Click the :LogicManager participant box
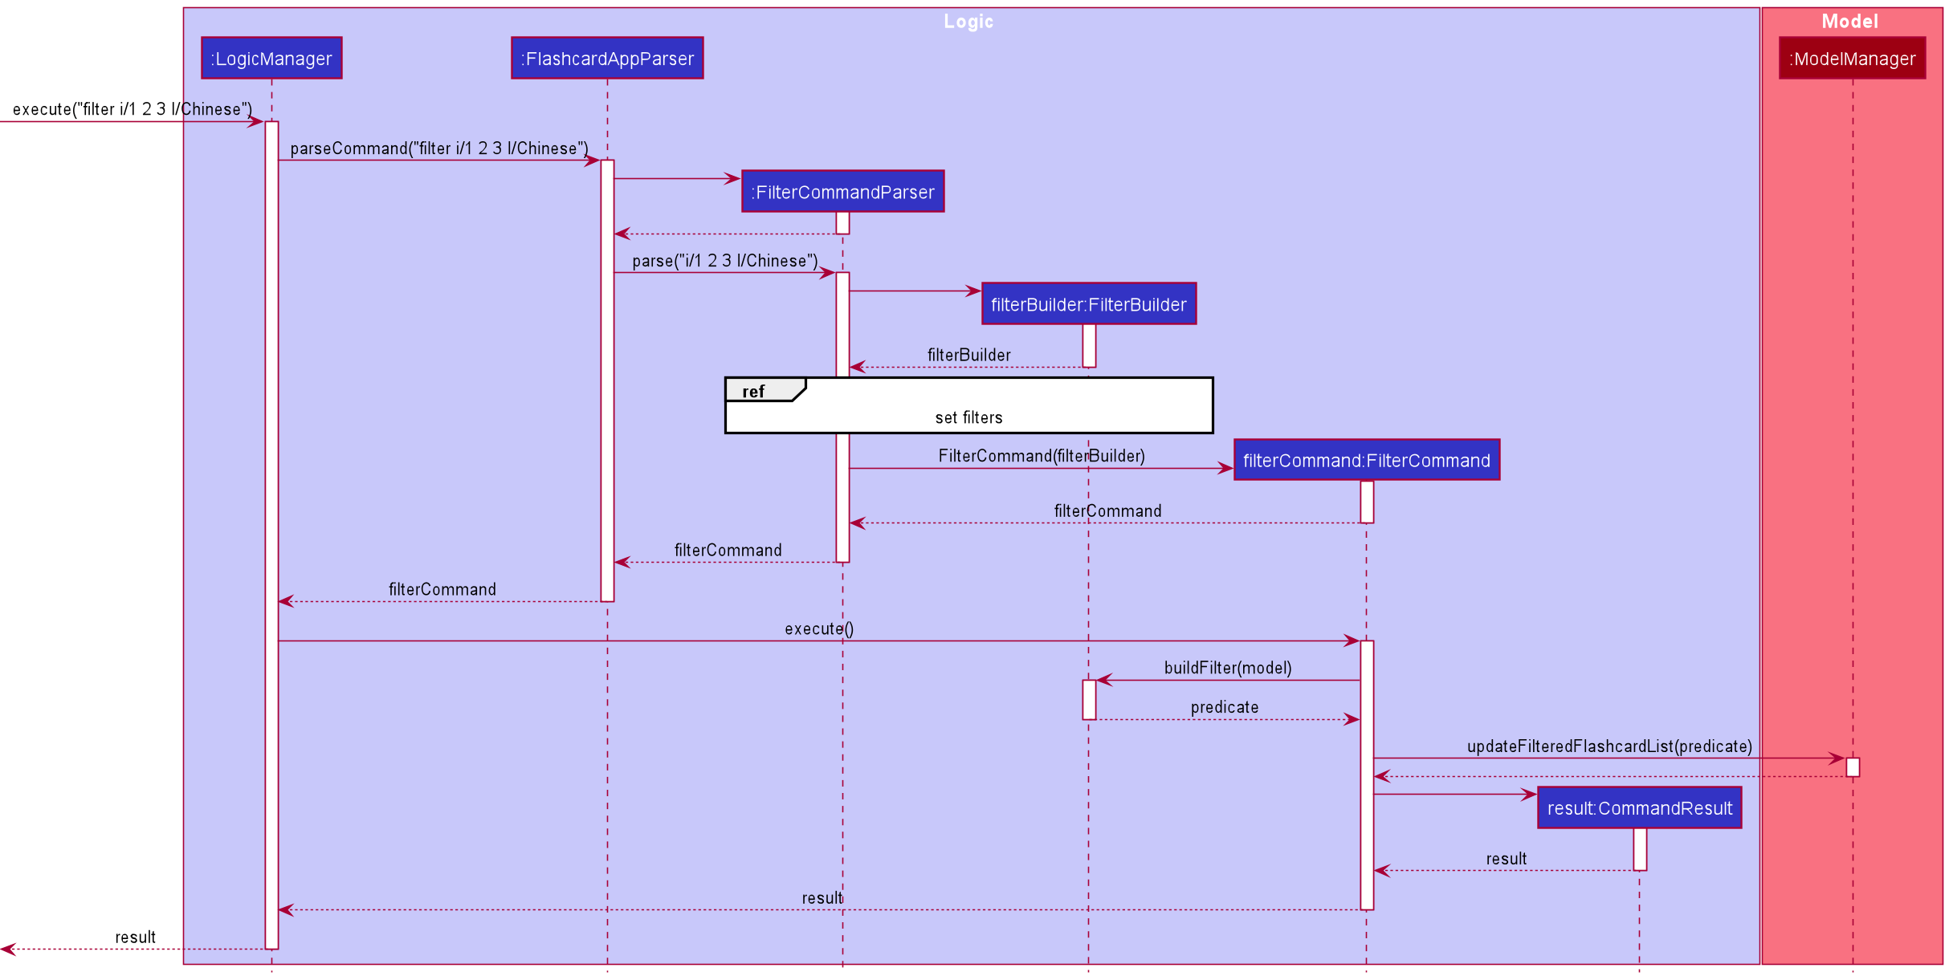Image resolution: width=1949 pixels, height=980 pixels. (271, 59)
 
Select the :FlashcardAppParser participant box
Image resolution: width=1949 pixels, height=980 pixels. (607, 59)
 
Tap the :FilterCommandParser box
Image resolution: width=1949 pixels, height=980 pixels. (842, 192)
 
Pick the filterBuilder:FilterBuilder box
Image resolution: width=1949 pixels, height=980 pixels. (1088, 304)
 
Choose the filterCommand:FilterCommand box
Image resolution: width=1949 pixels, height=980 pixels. (1366, 461)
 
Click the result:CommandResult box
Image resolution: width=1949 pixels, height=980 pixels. (1639, 808)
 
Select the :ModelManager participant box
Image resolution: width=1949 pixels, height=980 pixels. (1852, 59)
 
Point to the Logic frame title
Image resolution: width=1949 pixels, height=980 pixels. (968, 22)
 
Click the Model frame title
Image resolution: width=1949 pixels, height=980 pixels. (1849, 22)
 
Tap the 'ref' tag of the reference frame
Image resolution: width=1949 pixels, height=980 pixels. (753, 392)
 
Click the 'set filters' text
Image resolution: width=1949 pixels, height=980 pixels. (968, 417)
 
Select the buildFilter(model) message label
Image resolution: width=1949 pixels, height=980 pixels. (1228, 668)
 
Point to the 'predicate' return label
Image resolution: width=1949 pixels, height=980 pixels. (1225, 707)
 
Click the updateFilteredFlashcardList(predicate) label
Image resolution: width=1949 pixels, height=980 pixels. (1609, 746)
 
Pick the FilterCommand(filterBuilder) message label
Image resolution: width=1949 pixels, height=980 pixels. (1042, 456)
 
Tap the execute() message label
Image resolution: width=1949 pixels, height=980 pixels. (819, 628)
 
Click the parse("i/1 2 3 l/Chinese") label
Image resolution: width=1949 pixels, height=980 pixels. (725, 261)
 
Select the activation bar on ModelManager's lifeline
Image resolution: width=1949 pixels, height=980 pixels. (1853, 767)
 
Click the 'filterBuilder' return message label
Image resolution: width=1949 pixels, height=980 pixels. (968, 355)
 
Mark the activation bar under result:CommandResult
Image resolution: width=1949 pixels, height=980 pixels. (1640, 849)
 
